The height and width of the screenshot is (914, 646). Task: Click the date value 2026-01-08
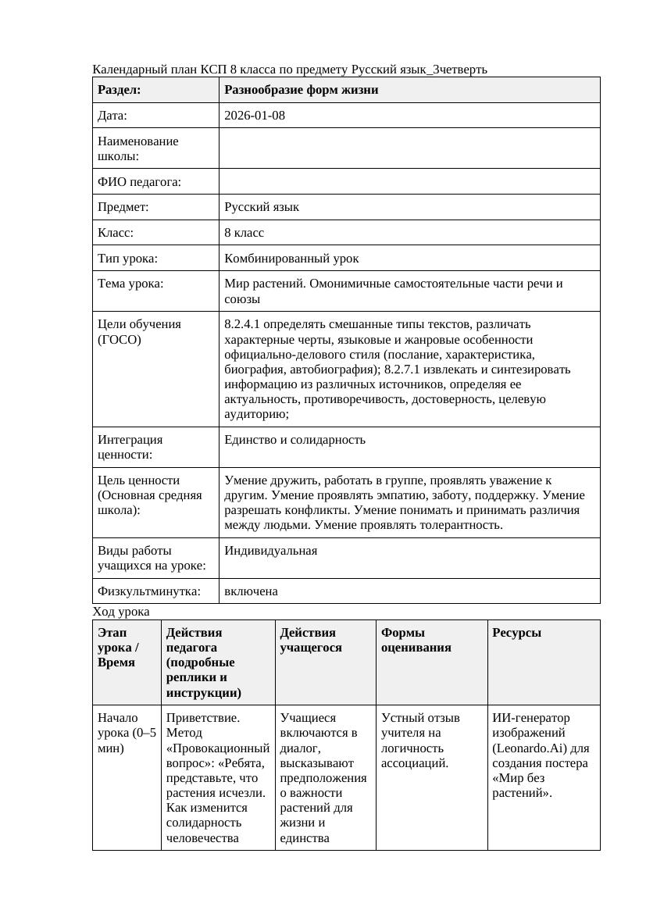tap(254, 116)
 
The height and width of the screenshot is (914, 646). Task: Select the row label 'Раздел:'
tap(119, 90)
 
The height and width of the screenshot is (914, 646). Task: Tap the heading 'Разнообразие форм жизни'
tap(301, 90)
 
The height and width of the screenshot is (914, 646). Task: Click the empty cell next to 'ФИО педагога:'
tap(409, 182)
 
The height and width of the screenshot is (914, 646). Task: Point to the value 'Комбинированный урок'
tap(291, 258)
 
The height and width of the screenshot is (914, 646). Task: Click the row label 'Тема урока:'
tap(130, 284)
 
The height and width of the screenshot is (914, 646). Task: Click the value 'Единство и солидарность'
tap(294, 440)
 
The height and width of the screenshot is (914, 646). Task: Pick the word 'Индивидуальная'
tap(270, 551)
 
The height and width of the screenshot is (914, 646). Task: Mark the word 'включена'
tap(251, 591)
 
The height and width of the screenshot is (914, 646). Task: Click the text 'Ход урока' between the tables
tap(120, 612)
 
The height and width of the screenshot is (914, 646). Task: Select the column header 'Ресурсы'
tap(516, 633)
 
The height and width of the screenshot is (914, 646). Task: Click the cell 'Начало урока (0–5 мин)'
tap(126, 733)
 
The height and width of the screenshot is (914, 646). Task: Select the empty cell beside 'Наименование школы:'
tap(409, 148)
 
